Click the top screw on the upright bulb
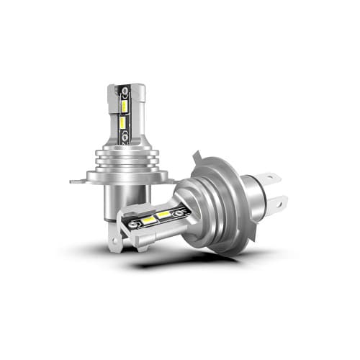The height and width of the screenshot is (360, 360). (125, 92)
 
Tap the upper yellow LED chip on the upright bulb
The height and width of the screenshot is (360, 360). (124, 107)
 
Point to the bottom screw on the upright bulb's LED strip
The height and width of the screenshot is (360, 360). (124, 139)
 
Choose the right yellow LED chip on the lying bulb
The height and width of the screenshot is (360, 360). (164, 214)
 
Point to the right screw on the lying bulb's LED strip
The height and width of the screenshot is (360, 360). (180, 210)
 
